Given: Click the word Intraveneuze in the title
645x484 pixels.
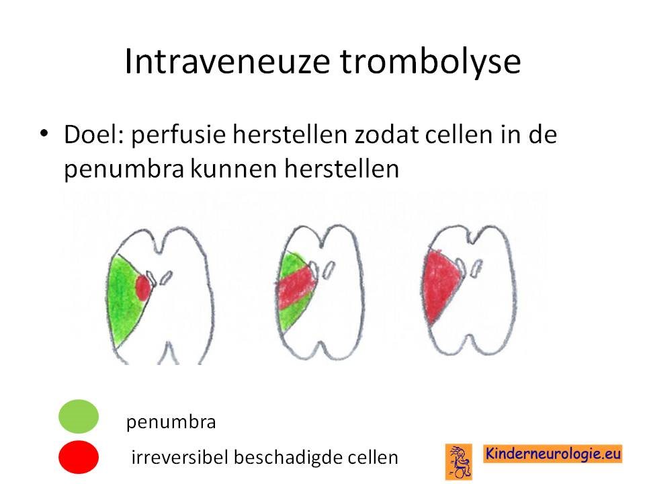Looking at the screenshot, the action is tap(227, 61).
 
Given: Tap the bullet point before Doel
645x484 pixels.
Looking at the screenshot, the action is tap(44, 134).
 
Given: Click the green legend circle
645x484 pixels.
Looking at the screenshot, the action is tap(79, 416).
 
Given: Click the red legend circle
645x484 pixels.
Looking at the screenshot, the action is tap(79, 457).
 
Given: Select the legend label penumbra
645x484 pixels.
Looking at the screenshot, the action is tap(171, 422).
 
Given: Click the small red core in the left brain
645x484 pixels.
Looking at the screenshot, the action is tap(143, 288).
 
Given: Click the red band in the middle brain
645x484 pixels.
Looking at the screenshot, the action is tap(297, 287).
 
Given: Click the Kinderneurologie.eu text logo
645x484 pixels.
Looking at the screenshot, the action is tap(553, 454).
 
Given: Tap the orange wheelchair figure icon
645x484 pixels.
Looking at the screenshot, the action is tap(459, 461).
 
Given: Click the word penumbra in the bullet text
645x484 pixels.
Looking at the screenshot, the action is tap(124, 169).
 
